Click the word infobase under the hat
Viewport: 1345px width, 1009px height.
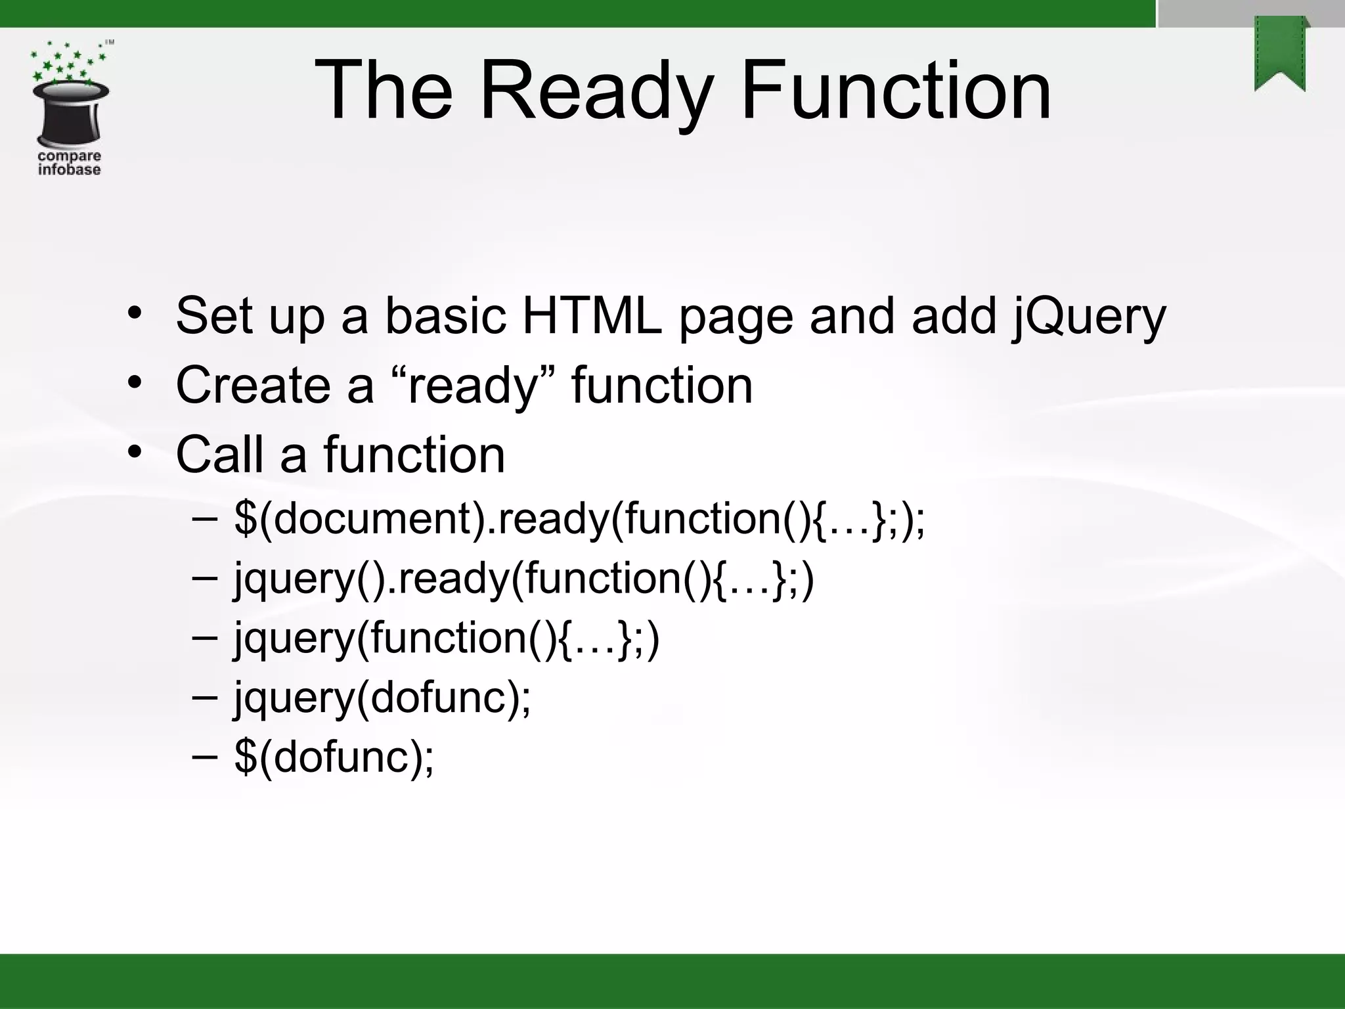pos(69,169)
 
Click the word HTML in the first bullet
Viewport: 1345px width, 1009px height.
pos(591,316)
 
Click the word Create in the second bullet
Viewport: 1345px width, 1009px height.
pos(253,385)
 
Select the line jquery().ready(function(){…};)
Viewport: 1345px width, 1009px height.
pos(523,579)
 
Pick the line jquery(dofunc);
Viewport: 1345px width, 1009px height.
pos(382,698)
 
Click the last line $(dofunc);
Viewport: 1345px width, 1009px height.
pos(334,757)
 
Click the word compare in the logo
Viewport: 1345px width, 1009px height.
pos(69,156)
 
